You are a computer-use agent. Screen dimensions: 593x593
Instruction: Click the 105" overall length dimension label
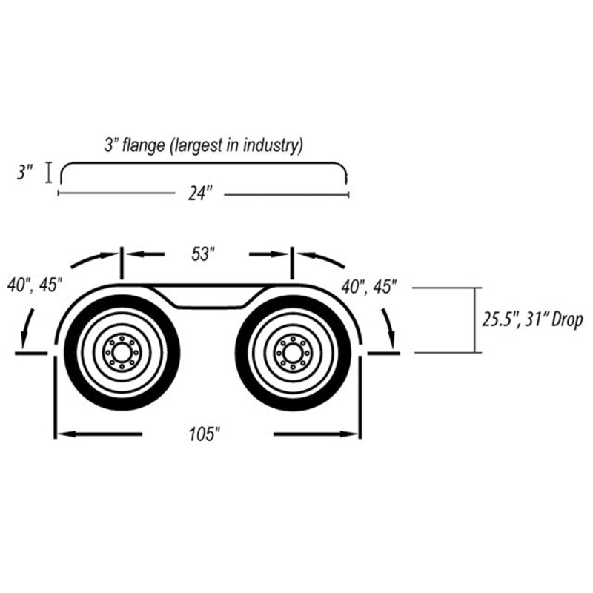[205, 434]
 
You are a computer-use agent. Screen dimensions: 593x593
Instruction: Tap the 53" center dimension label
[203, 254]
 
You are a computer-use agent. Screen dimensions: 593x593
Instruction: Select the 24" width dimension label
[199, 194]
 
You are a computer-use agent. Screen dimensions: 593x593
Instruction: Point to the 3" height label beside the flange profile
[25, 173]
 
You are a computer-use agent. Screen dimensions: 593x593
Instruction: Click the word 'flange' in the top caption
[144, 145]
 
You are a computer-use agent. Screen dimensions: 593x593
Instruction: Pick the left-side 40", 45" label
[34, 285]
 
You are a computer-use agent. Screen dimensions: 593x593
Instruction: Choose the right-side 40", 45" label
[368, 287]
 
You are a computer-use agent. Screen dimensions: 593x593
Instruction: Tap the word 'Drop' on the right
[567, 320]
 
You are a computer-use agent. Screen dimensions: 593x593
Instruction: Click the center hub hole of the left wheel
[122, 353]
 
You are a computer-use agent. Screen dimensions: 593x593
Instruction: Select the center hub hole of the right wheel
[292, 354]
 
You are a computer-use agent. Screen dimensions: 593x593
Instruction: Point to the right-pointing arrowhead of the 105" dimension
[349, 434]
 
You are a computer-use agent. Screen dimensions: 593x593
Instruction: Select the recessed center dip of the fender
[209, 299]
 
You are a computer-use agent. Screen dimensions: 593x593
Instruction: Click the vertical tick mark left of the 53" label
[122, 263]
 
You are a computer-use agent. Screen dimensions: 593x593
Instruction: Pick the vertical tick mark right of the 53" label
[292, 263]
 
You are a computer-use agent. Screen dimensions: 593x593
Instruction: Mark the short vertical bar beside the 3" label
[48, 173]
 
